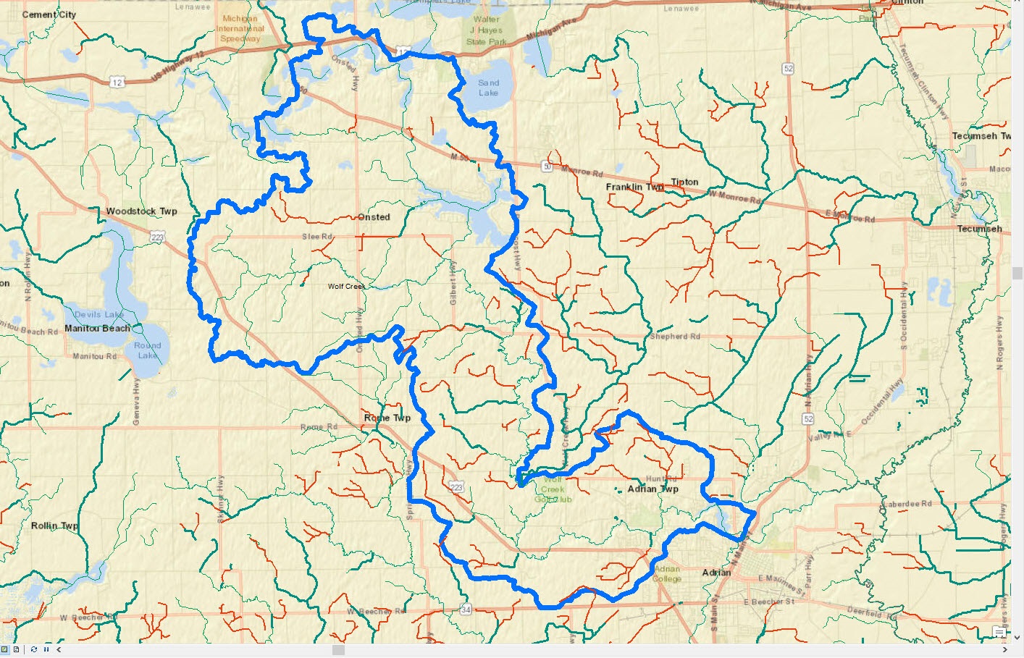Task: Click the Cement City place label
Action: [x=49, y=14]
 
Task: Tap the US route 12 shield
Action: [x=117, y=83]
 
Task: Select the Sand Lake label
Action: [x=488, y=88]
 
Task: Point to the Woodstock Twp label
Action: [x=141, y=211]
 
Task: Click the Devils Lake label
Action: [x=99, y=314]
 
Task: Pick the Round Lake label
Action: [x=147, y=350]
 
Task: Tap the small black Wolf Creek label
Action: [x=346, y=287]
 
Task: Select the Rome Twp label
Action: [x=387, y=418]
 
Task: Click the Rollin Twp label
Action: [x=54, y=526]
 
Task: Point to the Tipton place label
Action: [x=684, y=182]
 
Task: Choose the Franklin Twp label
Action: [x=634, y=187]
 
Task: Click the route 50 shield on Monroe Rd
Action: [x=547, y=167]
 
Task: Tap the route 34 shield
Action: [x=466, y=610]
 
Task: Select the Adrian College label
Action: [x=667, y=573]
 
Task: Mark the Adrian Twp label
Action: [x=652, y=489]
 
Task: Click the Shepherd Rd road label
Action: [x=675, y=337]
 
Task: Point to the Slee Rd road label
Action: [x=317, y=237]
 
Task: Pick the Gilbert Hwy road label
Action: [x=453, y=282]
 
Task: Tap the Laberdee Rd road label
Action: [x=907, y=504]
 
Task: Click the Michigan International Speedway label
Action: [x=240, y=29]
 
